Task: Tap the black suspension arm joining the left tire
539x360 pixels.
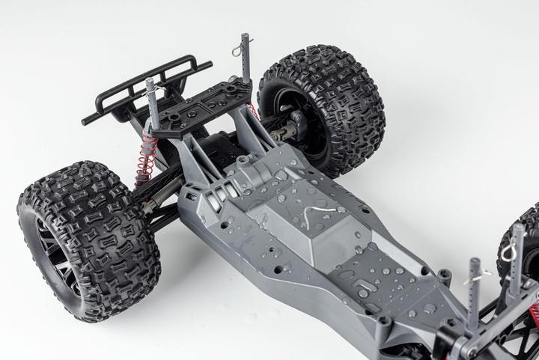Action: (161, 202)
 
